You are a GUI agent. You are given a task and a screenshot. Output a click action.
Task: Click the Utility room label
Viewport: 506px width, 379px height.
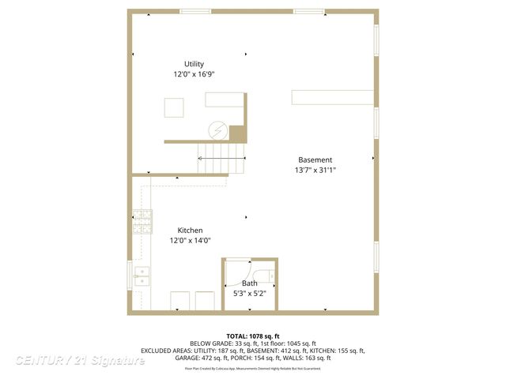[194, 64]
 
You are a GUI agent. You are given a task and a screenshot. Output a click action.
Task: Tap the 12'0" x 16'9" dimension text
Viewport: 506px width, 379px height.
[194, 73]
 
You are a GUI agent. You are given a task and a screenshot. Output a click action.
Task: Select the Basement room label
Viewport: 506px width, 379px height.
[315, 159]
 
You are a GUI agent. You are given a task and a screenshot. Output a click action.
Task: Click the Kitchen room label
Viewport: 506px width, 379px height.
[190, 231]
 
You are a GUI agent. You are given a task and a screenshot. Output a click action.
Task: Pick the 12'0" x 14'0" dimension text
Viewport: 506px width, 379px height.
[190, 240]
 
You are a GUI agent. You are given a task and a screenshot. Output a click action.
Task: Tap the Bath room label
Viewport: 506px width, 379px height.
[249, 283]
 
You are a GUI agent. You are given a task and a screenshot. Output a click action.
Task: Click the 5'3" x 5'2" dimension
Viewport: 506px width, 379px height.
[249, 293]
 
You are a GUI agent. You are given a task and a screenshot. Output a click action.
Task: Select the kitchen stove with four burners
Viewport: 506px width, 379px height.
[142, 222]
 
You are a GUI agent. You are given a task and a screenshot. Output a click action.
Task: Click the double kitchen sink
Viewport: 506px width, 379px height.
[142, 276]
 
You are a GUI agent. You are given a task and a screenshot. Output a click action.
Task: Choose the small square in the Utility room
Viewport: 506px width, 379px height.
[175, 107]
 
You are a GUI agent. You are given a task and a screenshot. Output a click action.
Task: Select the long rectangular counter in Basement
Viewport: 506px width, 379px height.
[332, 96]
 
